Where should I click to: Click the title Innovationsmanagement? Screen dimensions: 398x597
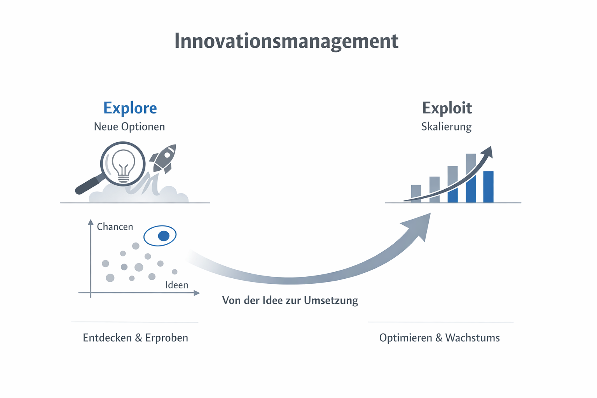point(286,41)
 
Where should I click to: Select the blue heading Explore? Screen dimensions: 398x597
point(130,108)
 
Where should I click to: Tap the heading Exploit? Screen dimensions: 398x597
point(447,108)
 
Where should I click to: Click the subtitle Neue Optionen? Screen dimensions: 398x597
point(129,127)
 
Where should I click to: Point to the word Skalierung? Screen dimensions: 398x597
point(446,127)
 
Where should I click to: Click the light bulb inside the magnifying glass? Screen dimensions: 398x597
point(123,165)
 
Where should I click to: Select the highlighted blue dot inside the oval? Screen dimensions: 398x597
point(164,236)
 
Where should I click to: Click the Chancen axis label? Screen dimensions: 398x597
point(115,227)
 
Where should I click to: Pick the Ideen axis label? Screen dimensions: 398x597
point(176,285)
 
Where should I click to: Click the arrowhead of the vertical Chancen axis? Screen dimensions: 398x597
point(91,222)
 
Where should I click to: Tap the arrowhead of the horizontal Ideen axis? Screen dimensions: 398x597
point(197,293)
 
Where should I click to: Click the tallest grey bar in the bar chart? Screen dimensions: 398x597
point(471,163)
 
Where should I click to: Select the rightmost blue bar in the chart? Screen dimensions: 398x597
point(488,187)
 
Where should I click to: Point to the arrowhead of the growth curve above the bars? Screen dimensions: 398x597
point(489,152)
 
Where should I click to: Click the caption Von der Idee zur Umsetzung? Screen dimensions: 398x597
point(290,300)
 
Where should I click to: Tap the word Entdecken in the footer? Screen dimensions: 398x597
point(107,338)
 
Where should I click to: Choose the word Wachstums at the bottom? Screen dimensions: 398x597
point(472,338)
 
